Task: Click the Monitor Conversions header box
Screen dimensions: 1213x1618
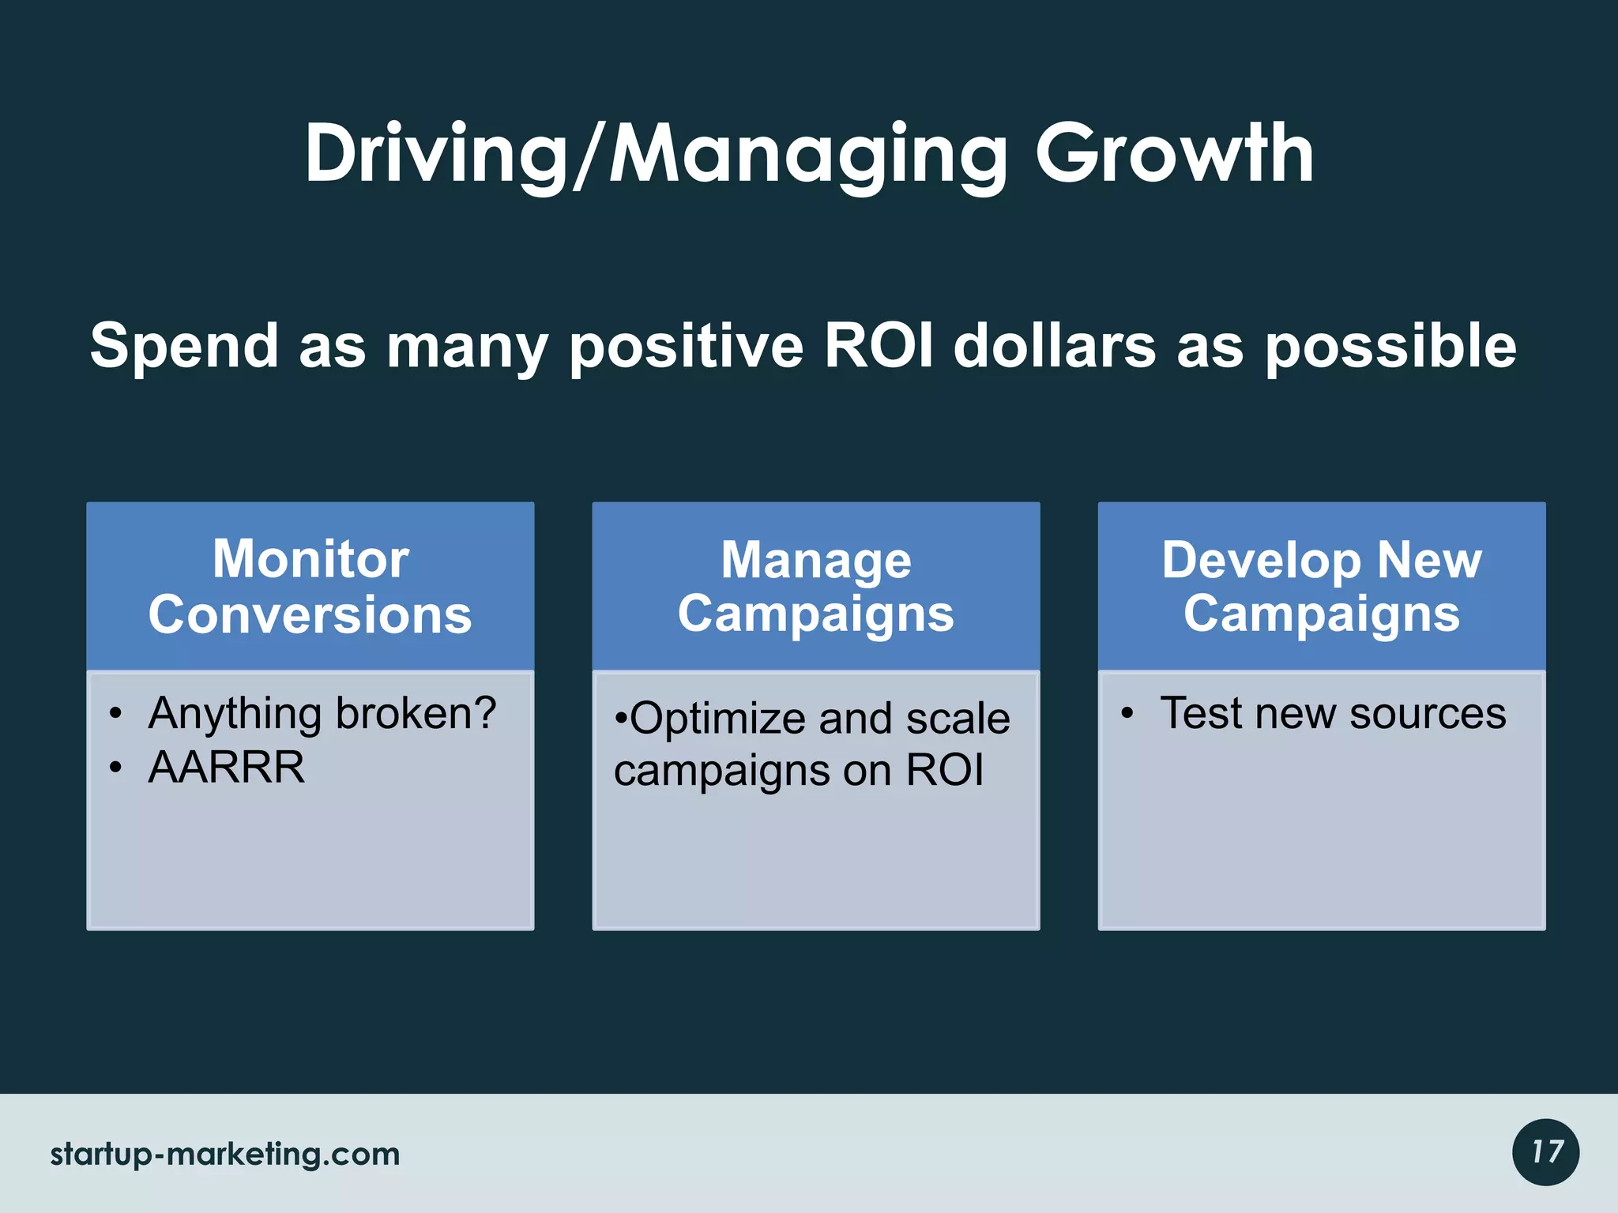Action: (x=310, y=586)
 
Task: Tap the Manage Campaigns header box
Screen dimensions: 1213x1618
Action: (x=815, y=586)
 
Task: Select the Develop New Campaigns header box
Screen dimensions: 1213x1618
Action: (x=1321, y=586)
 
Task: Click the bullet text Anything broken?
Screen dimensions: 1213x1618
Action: (x=322, y=713)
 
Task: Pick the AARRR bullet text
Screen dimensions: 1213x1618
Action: (x=226, y=767)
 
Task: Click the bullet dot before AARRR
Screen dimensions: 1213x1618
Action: (x=116, y=768)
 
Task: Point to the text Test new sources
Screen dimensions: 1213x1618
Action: (x=1333, y=713)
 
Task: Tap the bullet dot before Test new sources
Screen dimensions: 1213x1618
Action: (x=1127, y=714)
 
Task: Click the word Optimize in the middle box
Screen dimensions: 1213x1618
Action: (x=717, y=719)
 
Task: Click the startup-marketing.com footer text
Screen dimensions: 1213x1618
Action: (x=225, y=1154)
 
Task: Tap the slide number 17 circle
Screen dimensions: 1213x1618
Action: (x=1545, y=1152)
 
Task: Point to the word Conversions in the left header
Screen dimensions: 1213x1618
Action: (x=310, y=614)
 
